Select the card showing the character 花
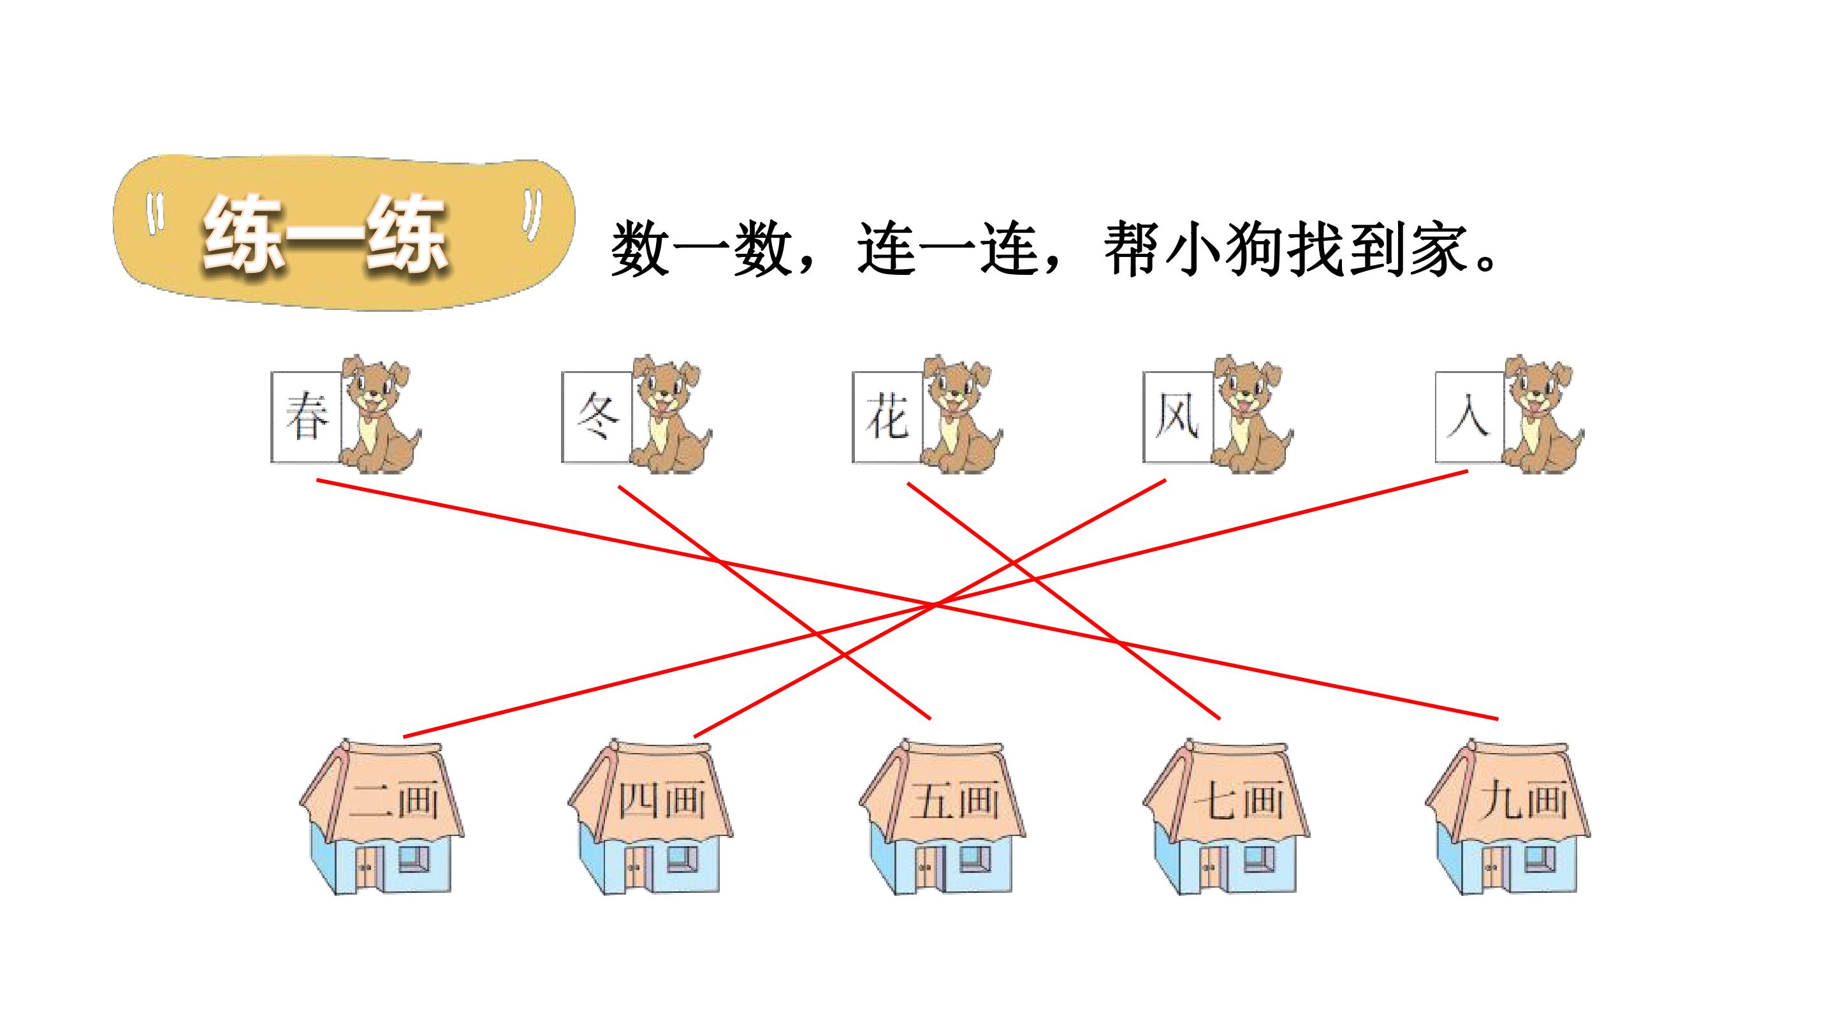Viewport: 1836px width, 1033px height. (x=888, y=417)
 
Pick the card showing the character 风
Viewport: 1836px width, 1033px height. (x=1178, y=417)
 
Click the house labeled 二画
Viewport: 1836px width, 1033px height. (x=381, y=817)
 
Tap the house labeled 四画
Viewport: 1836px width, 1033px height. (x=650, y=817)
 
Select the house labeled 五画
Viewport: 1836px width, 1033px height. (x=942, y=817)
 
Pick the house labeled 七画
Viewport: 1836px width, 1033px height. (x=1226, y=817)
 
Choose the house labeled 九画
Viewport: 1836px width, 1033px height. (x=1508, y=817)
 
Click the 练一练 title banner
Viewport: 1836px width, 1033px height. (x=344, y=232)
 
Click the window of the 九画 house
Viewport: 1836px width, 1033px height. (x=1540, y=860)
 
